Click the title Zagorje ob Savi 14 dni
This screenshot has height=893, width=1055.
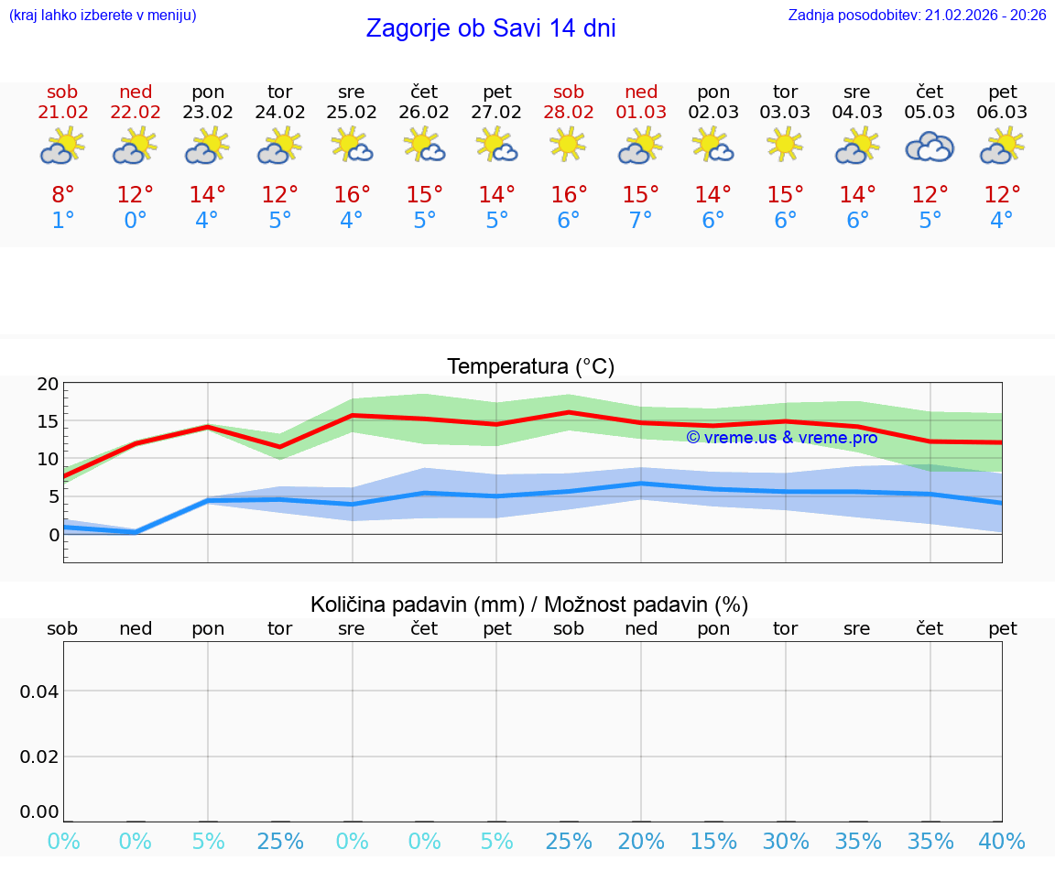[491, 28]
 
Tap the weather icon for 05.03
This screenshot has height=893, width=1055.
[930, 147]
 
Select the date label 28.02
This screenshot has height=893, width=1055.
[569, 113]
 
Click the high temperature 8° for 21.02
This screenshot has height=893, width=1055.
[62, 195]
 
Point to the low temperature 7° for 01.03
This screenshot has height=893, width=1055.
[640, 221]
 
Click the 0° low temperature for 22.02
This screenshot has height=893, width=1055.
[135, 221]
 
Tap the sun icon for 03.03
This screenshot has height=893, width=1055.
[785, 145]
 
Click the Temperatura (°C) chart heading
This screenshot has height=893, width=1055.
[530, 366]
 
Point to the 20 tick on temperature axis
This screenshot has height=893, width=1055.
[48, 384]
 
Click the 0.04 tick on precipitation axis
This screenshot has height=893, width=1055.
[39, 691]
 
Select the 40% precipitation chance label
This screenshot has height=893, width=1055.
[1002, 842]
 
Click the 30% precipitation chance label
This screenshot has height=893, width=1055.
[785, 842]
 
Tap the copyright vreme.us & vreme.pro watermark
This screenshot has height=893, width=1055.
[781, 438]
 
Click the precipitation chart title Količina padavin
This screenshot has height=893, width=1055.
[529, 604]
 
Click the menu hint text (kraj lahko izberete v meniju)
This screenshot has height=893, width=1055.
[103, 16]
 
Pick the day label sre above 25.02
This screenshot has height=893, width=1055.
[351, 92]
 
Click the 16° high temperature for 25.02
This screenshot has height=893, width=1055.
[352, 195]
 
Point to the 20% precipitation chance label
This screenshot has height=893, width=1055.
[640, 842]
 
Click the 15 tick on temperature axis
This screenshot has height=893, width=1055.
[48, 421]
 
